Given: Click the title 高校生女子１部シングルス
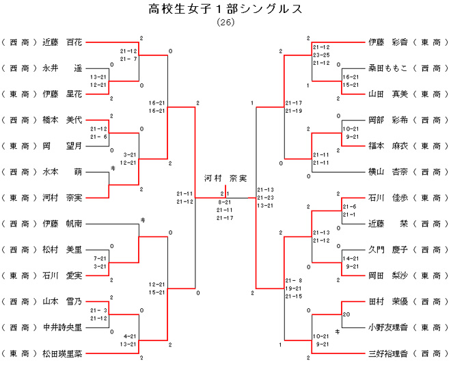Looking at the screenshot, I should pyautogui.click(x=225, y=9).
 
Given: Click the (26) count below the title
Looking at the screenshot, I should pyautogui.click(x=225, y=22).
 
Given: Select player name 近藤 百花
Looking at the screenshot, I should pyautogui.click(x=62, y=42).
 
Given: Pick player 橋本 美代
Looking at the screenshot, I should pyautogui.click(x=62, y=120).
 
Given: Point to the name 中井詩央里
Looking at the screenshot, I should pyautogui.click(x=62, y=327).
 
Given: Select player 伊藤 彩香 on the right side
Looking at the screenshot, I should pyautogui.click(x=387, y=42).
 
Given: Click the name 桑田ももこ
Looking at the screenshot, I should pyautogui.click(x=387, y=68).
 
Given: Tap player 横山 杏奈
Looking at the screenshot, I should pyautogui.click(x=387, y=172).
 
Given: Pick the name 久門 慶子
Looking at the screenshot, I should pyautogui.click(x=387, y=249).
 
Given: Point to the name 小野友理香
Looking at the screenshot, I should pyautogui.click(x=387, y=327).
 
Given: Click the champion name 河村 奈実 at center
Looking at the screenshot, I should pyautogui.click(x=225, y=178).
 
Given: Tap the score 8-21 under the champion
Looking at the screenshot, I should pyautogui.click(x=225, y=203).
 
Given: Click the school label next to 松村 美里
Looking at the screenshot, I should pyautogui.click(x=18, y=249).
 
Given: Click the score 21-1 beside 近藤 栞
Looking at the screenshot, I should pyautogui.click(x=349, y=215).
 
